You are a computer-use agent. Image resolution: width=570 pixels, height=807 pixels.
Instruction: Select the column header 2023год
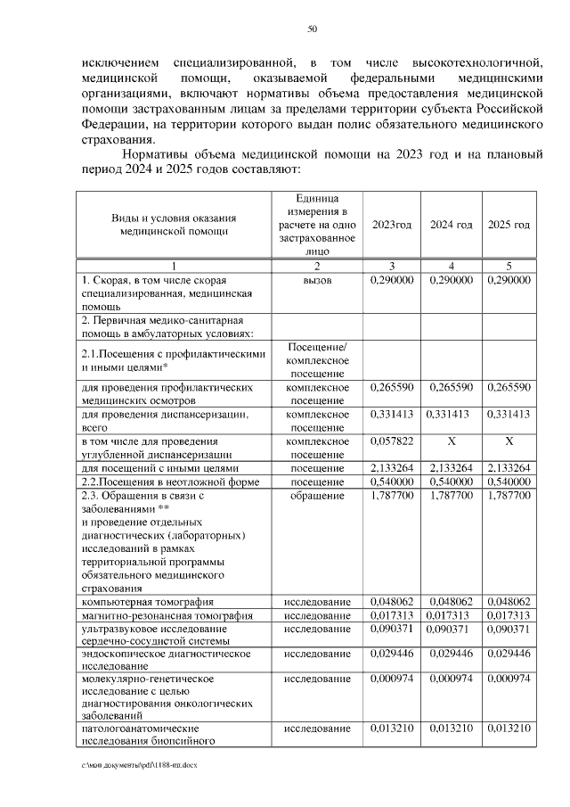click(391, 225)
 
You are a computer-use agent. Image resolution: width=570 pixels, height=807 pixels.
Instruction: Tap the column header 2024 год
click(452, 225)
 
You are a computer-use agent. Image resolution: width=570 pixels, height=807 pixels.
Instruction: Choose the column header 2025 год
click(509, 225)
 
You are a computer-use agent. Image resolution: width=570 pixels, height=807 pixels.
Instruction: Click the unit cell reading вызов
click(317, 280)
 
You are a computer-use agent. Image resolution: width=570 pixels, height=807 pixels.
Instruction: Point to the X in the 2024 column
click(452, 441)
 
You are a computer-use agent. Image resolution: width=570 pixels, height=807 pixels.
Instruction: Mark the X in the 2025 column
click(509, 441)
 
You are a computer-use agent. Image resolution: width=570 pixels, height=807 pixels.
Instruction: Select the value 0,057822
click(391, 441)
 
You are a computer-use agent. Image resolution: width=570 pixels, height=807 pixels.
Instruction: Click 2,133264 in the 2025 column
click(509, 468)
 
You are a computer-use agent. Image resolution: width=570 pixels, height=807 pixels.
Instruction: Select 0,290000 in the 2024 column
click(452, 280)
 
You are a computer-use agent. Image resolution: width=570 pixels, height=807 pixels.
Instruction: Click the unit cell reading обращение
click(317, 496)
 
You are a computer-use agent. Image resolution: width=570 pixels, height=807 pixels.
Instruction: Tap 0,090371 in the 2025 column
click(509, 630)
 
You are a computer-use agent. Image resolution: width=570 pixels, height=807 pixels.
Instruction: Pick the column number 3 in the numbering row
click(391, 266)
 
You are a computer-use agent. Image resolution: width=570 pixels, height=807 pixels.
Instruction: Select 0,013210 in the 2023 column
click(391, 729)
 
